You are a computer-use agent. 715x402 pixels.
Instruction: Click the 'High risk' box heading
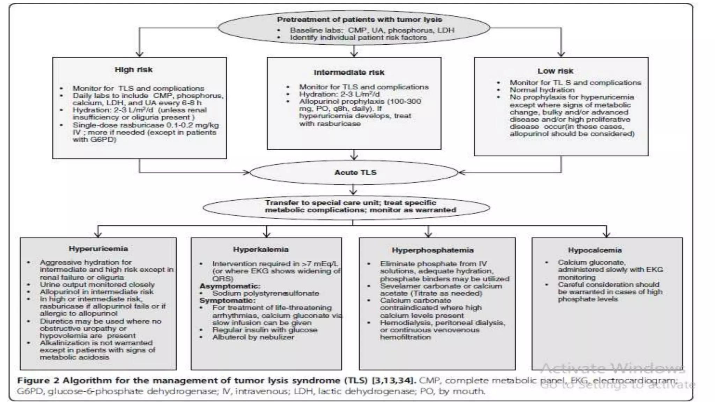(133, 70)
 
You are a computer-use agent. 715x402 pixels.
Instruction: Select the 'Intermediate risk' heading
(349, 73)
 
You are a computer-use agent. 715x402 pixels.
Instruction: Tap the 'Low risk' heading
(555, 71)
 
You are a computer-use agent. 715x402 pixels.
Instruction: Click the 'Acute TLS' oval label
(355, 172)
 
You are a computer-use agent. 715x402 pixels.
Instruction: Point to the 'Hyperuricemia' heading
(98, 249)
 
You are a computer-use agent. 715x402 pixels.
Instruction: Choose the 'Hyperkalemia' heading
(261, 250)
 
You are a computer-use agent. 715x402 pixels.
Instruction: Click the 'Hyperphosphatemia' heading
(433, 250)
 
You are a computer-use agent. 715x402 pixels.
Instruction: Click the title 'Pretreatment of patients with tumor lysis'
(359, 20)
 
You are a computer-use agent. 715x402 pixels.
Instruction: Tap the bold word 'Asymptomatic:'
(230, 286)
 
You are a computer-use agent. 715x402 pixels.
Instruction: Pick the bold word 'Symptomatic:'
(227, 300)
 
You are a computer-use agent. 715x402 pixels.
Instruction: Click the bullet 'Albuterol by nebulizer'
(253, 337)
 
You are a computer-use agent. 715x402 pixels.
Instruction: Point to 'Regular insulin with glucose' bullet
(265, 330)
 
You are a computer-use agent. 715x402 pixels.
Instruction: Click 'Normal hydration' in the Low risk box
(542, 90)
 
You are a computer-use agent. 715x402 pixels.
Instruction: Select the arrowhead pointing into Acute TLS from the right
(462, 172)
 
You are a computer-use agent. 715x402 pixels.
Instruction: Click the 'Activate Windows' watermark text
(612, 368)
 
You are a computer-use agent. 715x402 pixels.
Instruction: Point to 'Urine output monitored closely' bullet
(97, 285)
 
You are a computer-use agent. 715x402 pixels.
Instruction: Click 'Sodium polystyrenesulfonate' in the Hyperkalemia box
(265, 293)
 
